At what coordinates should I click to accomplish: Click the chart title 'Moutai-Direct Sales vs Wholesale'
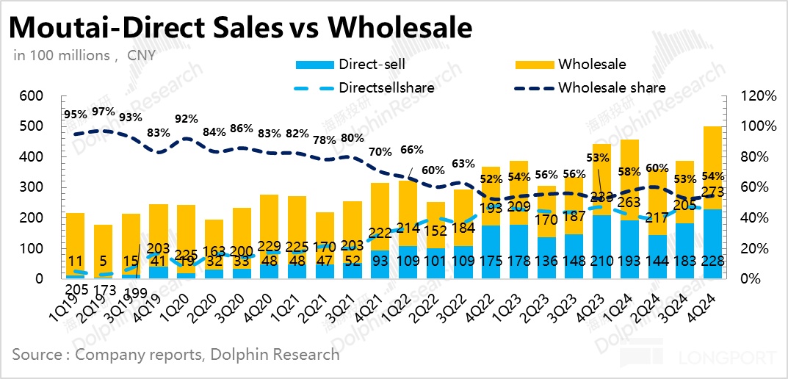pos(240,27)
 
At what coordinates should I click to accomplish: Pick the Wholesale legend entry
pos(592,65)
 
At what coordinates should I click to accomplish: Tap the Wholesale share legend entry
pos(612,87)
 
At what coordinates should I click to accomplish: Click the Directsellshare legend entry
pos(386,87)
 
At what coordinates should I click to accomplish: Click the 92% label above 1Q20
pos(187,118)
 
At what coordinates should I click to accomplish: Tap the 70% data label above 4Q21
pos(381,153)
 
